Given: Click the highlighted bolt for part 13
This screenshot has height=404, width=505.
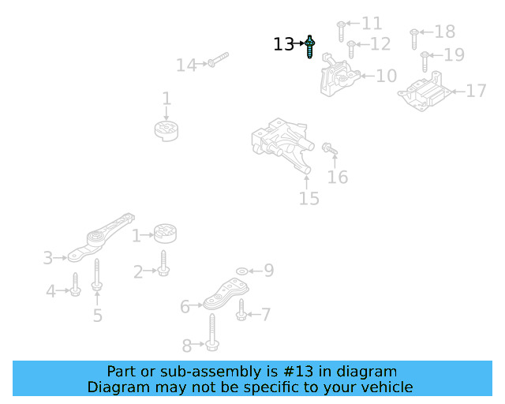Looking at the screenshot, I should point(311,47).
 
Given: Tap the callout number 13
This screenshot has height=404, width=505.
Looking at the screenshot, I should point(283,45).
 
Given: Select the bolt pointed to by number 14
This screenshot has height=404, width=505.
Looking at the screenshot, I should point(218,60).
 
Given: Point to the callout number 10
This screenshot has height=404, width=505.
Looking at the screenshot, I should point(387,77).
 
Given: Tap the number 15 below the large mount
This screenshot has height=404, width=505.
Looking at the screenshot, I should point(309,199).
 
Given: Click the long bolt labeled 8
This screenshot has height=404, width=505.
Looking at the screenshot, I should point(214,328).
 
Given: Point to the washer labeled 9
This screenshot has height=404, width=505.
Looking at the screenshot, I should point(241,271).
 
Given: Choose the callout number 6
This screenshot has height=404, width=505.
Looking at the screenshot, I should point(185,306).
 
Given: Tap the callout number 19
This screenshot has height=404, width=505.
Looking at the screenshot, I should point(454,55).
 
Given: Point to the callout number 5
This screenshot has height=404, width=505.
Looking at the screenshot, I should point(98,316).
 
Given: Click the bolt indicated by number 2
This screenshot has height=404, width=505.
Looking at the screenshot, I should point(163,264).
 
